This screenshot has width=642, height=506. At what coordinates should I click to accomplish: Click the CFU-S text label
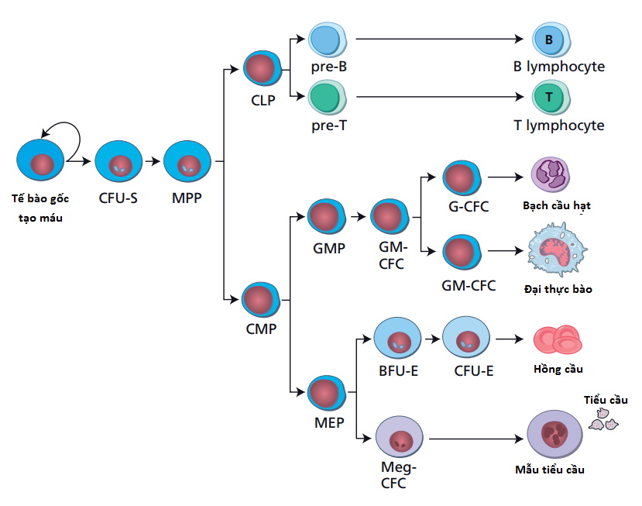(x=118, y=198)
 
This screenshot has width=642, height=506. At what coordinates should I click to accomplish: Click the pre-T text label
(x=328, y=123)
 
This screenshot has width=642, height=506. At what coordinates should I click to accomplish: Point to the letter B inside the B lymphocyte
(x=548, y=40)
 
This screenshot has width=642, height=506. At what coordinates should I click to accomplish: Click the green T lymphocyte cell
(x=549, y=97)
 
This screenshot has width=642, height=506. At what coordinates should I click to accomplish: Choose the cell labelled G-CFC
(x=463, y=178)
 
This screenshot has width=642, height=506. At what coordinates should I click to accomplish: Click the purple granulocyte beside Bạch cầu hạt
(x=550, y=174)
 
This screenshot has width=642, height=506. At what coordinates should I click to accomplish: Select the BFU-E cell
(x=397, y=339)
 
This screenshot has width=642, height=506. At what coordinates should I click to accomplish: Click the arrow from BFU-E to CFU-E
(x=431, y=339)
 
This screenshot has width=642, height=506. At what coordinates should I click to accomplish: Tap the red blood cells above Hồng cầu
(x=558, y=339)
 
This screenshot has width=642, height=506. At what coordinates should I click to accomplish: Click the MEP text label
(x=329, y=423)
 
